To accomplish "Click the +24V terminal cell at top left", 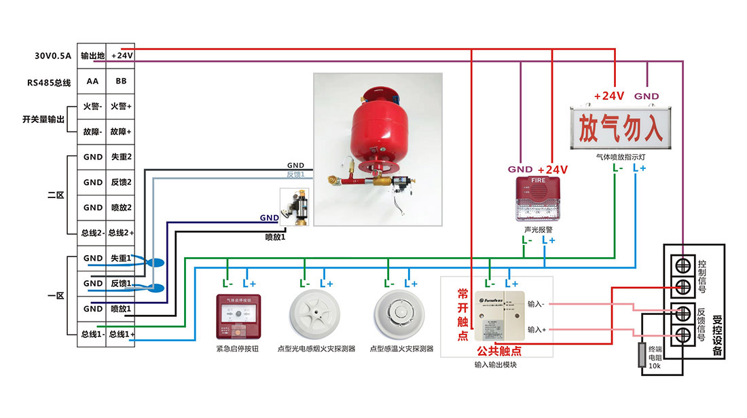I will pyautogui.click(x=121, y=56).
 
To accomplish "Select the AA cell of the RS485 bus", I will pyautogui.click(x=92, y=81).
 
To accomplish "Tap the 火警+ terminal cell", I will pyautogui.click(x=121, y=107).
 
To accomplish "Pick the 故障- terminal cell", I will pyautogui.click(x=92, y=132).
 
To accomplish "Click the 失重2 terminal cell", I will pyautogui.click(x=121, y=157).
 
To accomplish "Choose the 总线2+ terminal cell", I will pyautogui.click(x=121, y=233).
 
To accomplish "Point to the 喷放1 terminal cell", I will pyautogui.click(x=121, y=309).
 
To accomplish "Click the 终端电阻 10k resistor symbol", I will pyautogui.click(x=640, y=355).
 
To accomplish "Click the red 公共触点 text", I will pyautogui.click(x=499, y=351).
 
